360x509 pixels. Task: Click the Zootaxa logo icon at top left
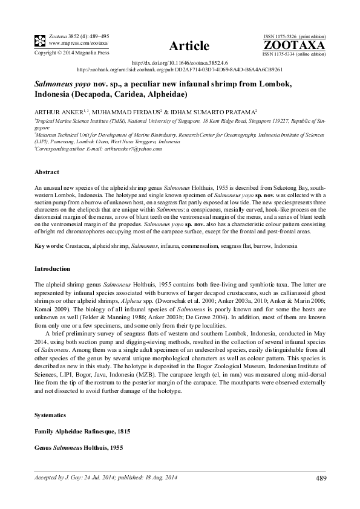tap(39, 41)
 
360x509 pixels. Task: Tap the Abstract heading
tap(46, 172)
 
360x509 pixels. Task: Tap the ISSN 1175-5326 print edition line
tap(294, 36)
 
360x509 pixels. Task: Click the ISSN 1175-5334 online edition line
tap(294, 54)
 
